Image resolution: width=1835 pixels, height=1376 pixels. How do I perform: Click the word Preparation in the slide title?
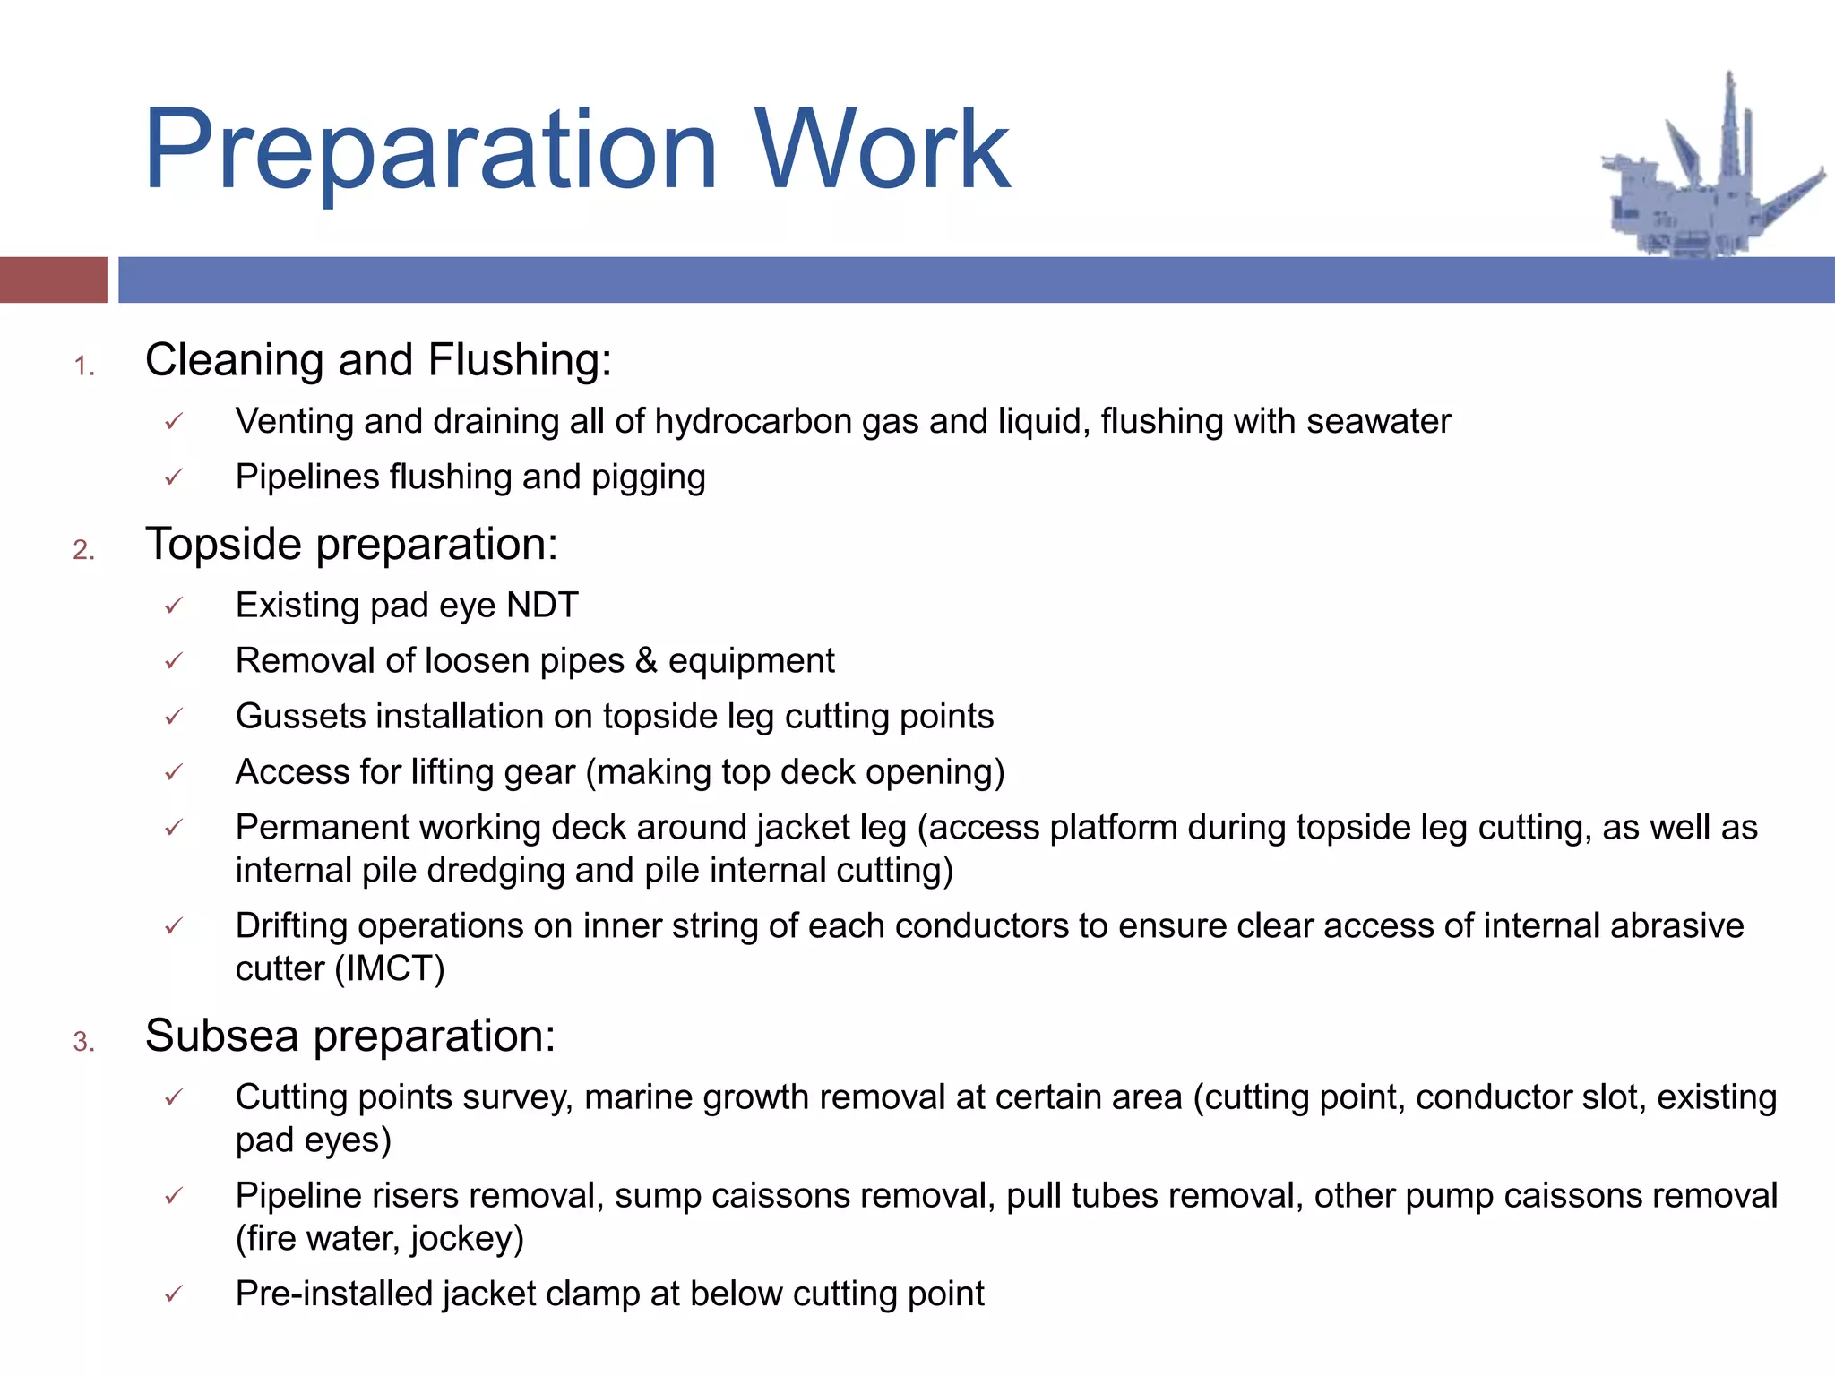pyautogui.click(x=430, y=150)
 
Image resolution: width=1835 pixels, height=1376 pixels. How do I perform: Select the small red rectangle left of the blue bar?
pyautogui.click(x=53, y=279)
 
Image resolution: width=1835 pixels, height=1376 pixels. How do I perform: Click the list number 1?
pyautogui.click(x=83, y=366)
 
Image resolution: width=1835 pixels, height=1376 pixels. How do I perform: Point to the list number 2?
pyautogui.click(x=83, y=550)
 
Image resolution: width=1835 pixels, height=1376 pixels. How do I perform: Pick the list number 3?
pyautogui.click(x=83, y=1042)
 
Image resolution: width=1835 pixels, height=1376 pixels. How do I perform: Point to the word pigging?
pyautogui.click(x=648, y=478)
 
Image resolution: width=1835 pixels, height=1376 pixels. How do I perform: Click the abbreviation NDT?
pyautogui.click(x=542, y=606)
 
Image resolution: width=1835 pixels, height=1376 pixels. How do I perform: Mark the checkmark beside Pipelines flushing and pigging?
pyautogui.click(x=174, y=477)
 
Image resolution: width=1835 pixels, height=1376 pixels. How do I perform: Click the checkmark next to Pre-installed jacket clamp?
pyautogui.click(x=174, y=1294)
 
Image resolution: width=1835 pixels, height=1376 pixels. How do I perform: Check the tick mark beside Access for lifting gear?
pyautogui.click(x=174, y=771)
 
